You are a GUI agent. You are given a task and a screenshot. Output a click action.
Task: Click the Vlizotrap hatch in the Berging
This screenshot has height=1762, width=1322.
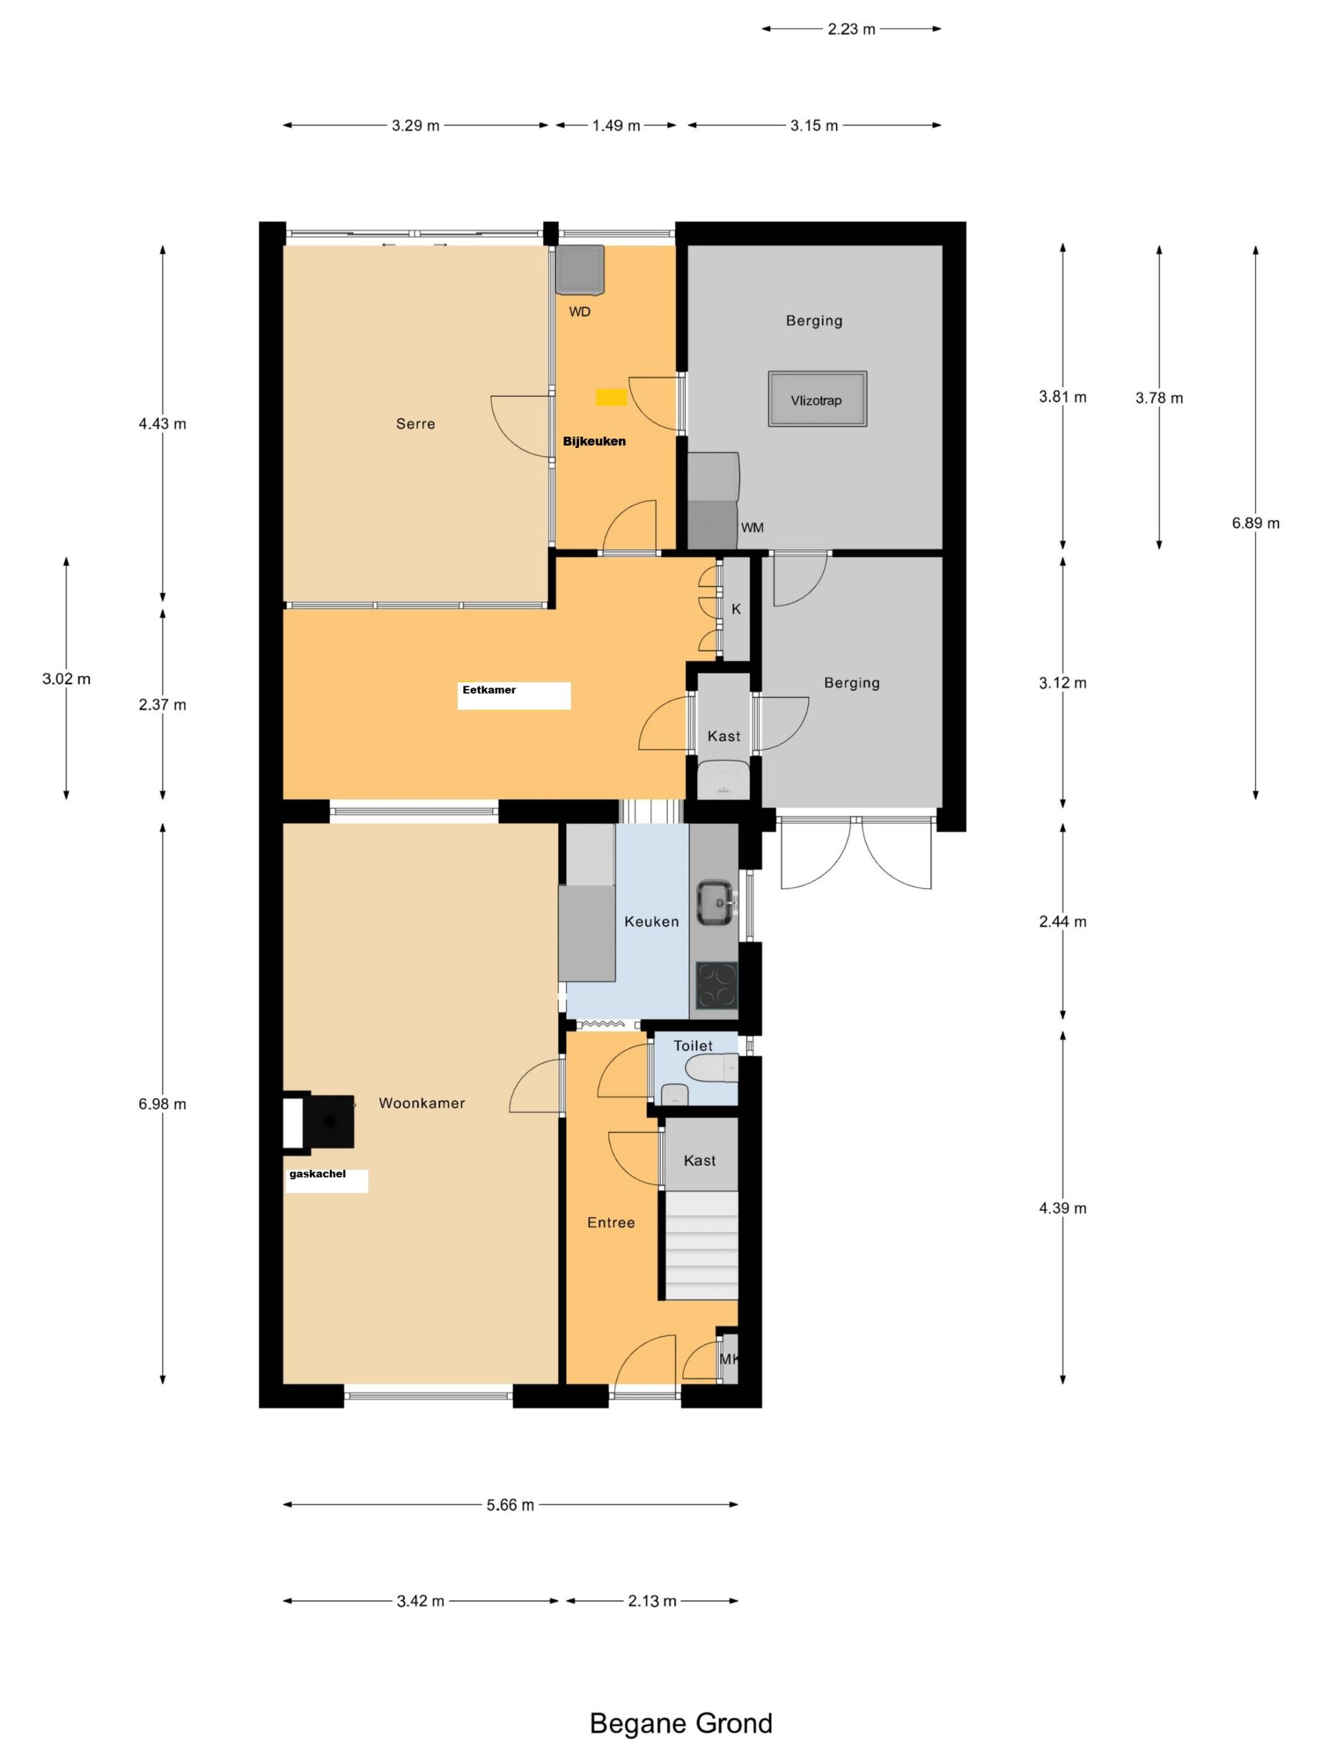coord(817,399)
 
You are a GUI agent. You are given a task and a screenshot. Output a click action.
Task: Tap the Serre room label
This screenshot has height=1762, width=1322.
coord(415,424)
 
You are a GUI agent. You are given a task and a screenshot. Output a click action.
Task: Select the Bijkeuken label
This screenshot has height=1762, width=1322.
coord(594,441)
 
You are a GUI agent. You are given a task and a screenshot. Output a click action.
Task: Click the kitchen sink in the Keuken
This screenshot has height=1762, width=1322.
coord(716,903)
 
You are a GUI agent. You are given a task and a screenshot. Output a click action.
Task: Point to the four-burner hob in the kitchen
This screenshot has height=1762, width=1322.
coord(716,986)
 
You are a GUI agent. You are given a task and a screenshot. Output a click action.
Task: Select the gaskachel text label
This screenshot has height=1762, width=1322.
coord(317,1174)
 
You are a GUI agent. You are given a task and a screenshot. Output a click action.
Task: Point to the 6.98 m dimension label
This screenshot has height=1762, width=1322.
coord(162,1104)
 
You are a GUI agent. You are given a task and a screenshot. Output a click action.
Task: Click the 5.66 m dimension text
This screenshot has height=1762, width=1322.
coord(510,1505)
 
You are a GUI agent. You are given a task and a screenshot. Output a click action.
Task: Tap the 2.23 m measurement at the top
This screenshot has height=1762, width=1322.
coord(851,30)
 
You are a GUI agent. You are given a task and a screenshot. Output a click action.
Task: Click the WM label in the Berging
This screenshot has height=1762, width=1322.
coord(753,528)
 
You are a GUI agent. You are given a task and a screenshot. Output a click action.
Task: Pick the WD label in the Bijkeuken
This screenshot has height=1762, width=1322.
coord(579,312)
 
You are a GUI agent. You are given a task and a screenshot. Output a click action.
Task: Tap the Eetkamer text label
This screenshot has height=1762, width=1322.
coord(490,690)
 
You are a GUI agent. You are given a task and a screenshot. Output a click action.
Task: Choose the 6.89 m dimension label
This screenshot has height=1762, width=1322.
coord(1255,523)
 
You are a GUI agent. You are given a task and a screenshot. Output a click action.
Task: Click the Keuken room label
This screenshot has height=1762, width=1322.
coord(652,922)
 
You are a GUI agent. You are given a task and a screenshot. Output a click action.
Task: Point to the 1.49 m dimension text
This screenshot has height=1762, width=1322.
coord(616,126)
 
